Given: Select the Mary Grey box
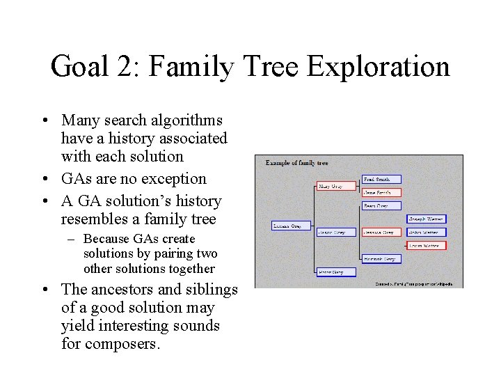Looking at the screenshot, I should click(331, 187).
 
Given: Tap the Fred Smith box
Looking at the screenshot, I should click(381, 180).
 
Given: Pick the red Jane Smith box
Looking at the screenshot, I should click(381, 192).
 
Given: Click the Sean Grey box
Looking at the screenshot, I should click(381, 206).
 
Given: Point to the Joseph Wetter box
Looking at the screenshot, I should click(426, 219).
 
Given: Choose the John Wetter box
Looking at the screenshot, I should click(426, 232).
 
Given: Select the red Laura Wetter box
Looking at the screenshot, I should click(426, 245).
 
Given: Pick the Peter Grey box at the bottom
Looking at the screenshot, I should click(335, 272).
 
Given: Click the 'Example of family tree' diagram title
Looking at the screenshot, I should click(296, 163).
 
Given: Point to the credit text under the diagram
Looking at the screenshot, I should click(413, 283).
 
